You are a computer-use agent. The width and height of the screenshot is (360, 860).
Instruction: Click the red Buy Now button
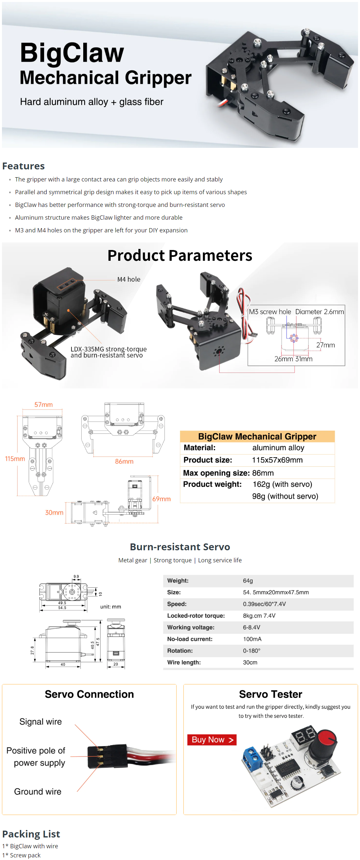click(212, 740)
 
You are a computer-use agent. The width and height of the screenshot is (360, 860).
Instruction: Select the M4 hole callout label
click(129, 279)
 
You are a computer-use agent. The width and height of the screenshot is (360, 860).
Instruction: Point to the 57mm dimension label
click(43, 404)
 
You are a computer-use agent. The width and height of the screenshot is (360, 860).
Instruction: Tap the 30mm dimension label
click(54, 512)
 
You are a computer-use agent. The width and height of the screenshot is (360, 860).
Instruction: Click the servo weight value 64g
click(248, 581)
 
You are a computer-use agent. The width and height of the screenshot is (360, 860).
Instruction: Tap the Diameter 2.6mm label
click(319, 311)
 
